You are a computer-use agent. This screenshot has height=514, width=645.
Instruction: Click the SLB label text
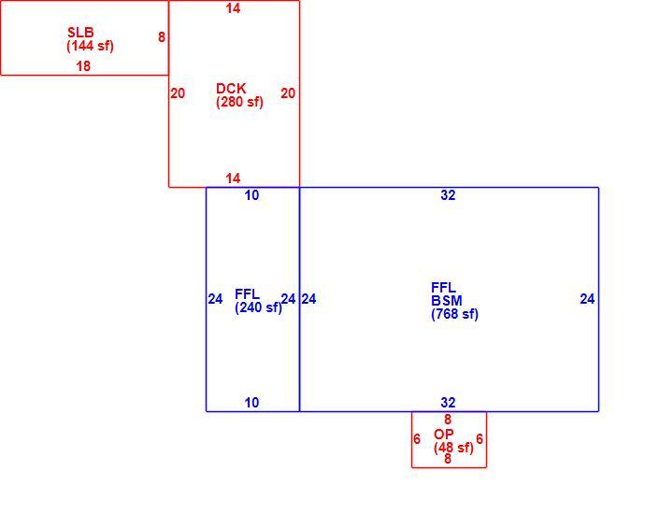(x=80, y=32)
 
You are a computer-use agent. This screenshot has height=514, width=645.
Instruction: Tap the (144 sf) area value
(x=90, y=46)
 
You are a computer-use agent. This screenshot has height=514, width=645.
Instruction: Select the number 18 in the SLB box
(x=83, y=65)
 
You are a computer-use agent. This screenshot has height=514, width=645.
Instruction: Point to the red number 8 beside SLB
(x=162, y=37)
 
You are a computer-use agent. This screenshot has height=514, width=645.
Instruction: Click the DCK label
(x=231, y=89)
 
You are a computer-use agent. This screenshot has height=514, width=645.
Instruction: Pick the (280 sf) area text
(x=239, y=102)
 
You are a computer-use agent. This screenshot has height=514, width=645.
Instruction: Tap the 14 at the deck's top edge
(x=233, y=8)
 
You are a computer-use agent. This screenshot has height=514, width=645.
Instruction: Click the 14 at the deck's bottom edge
(x=233, y=178)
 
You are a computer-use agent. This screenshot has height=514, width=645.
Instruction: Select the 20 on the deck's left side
(x=178, y=93)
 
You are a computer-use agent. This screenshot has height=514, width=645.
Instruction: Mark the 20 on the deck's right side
(x=288, y=93)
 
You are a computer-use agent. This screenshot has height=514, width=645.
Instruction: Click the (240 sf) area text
(x=258, y=307)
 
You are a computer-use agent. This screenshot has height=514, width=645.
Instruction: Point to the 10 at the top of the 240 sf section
(x=251, y=195)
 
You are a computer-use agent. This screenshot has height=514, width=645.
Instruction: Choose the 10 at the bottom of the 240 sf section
(x=251, y=403)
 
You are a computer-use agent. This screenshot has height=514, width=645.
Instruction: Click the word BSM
(x=447, y=301)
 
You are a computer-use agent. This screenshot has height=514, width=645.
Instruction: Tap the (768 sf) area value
(x=454, y=314)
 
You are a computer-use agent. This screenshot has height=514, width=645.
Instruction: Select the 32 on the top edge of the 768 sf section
(x=448, y=195)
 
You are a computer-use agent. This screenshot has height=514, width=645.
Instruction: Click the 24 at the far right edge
(x=587, y=299)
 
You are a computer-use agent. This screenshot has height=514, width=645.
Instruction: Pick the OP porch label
(x=444, y=434)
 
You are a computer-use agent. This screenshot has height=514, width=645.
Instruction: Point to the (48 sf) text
(x=453, y=448)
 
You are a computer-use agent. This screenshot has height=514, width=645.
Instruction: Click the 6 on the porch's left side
(x=417, y=439)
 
